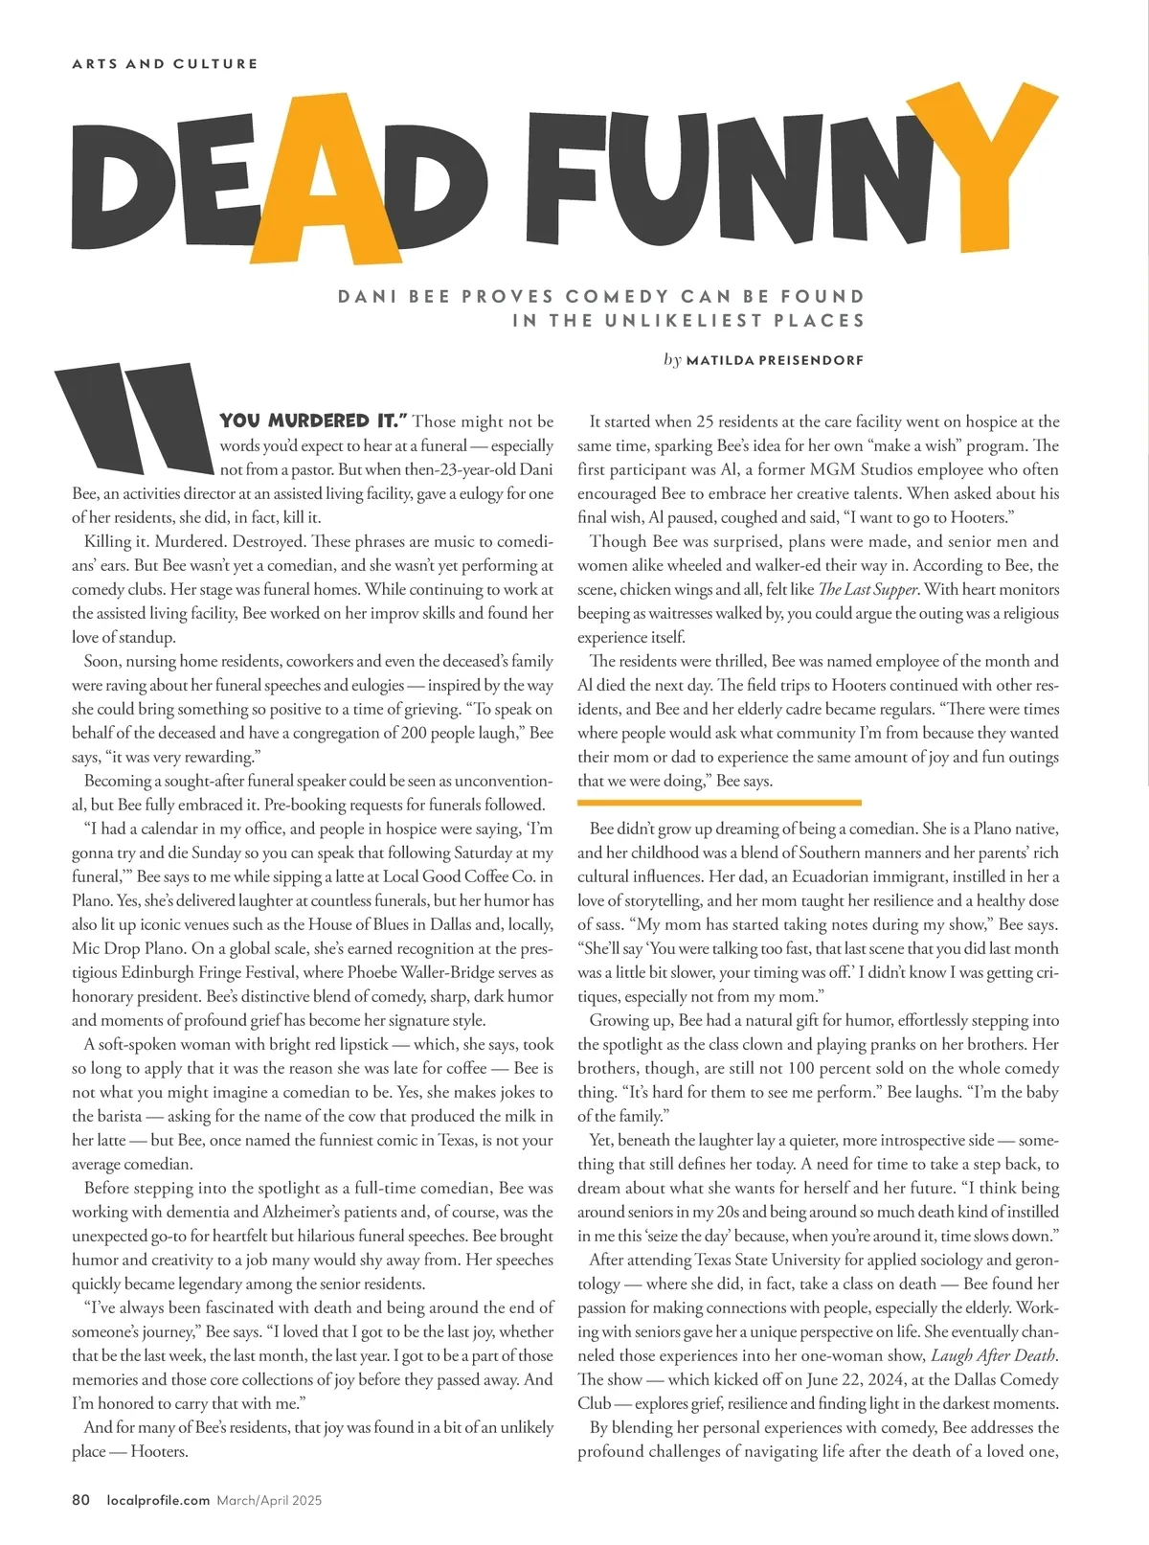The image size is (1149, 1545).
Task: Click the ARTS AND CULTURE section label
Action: [165, 64]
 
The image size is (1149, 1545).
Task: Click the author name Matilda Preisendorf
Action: [775, 361]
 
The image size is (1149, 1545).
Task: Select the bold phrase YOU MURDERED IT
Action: [313, 421]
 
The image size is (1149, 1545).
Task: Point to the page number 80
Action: [80, 1500]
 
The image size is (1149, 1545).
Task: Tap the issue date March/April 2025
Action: [269, 1500]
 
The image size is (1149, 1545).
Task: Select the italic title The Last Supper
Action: [868, 589]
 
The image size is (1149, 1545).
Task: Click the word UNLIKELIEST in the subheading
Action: [683, 321]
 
